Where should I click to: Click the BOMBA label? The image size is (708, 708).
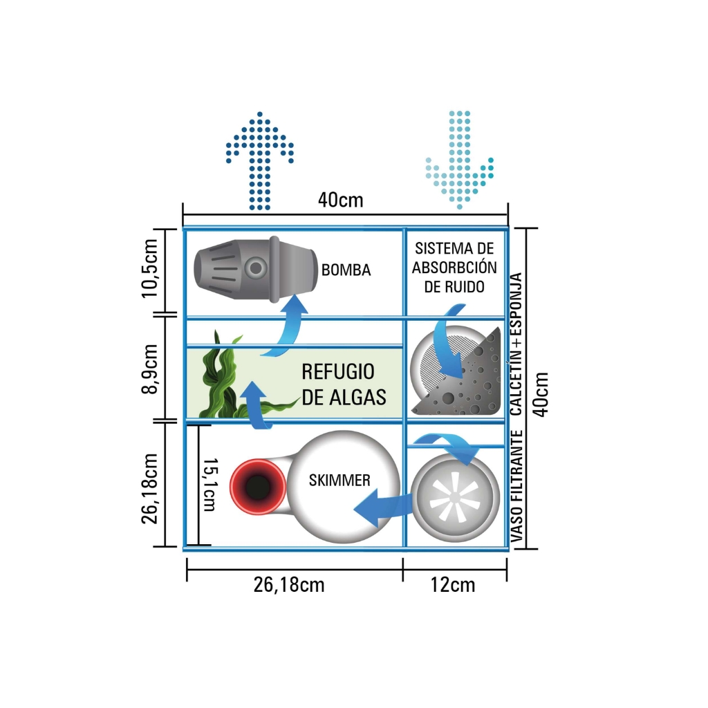(x=346, y=270)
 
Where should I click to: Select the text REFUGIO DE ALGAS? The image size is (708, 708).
(x=344, y=384)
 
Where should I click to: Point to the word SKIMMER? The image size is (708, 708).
(x=339, y=480)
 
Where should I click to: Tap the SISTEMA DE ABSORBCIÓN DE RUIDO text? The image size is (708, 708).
(x=454, y=268)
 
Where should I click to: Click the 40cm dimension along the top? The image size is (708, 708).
(x=340, y=201)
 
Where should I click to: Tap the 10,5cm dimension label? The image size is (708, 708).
(x=150, y=270)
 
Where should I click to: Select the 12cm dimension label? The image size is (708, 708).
(x=453, y=585)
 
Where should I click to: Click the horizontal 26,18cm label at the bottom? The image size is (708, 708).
(x=289, y=585)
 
